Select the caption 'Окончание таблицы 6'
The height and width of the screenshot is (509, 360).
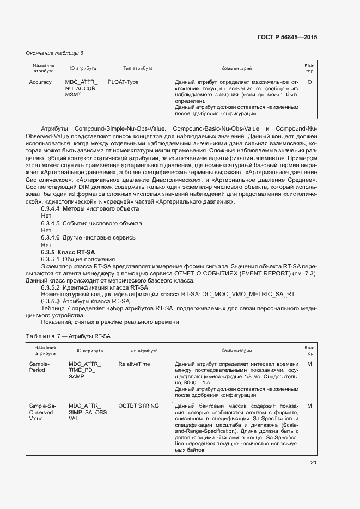[x=55, y=53]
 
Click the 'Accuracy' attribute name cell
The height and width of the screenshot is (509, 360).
[x=40, y=82]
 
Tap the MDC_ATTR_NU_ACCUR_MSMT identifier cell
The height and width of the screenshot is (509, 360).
[x=82, y=88]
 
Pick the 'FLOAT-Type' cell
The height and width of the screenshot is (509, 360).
[x=123, y=82]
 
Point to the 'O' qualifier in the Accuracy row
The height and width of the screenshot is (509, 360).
[x=309, y=82]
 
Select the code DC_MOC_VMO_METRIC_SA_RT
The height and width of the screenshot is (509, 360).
[x=249, y=295]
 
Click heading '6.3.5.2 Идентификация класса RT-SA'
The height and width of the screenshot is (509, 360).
[x=94, y=287]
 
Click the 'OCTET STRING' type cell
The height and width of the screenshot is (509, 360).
[x=138, y=406]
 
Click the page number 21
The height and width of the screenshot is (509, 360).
[x=313, y=463]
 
